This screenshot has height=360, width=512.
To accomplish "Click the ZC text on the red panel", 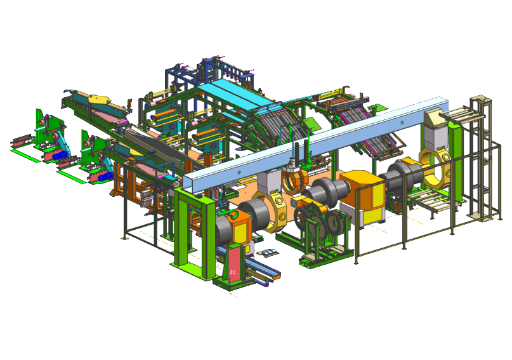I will (x=233, y=272).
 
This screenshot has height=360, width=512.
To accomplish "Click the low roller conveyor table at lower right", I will (x=430, y=203).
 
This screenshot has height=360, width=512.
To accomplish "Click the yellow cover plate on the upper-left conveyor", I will (x=98, y=99).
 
